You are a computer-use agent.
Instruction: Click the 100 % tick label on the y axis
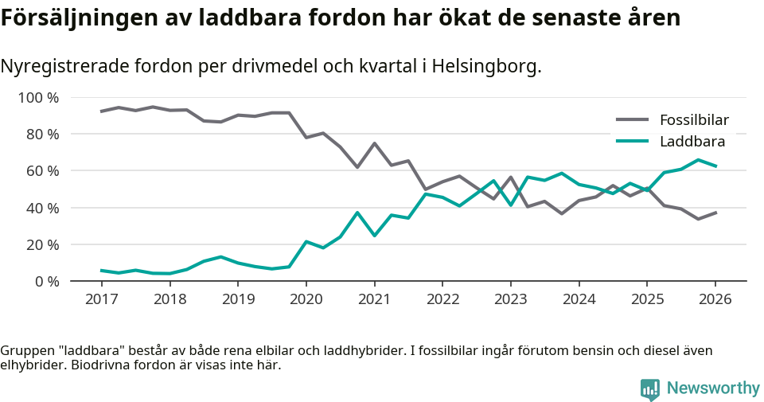tap(38, 98)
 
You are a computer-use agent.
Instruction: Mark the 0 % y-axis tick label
tap(45, 281)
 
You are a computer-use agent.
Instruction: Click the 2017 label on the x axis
tap(101, 299)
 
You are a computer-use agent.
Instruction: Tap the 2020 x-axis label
tap(306, 299)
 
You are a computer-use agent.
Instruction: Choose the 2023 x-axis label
tap(510, 299)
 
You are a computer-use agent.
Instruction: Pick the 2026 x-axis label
tap(715, 299)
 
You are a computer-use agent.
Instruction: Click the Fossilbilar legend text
tap(694, 121)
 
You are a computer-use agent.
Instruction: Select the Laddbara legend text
tap(692, 142)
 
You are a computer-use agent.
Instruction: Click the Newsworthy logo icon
tap(650, 388)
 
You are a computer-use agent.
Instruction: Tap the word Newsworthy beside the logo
tap(713, 388)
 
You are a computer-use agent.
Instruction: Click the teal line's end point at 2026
tap(715, 166)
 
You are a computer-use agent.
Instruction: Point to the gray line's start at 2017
tap(101, 111)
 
